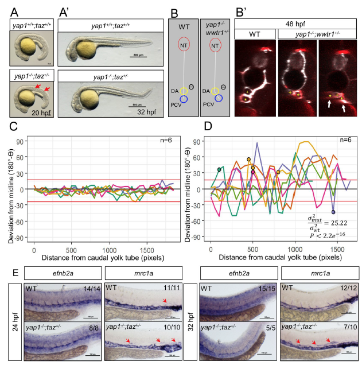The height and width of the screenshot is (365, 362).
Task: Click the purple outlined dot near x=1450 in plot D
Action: [x=334, y=212]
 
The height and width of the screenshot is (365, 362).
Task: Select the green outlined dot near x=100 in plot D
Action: [x=219, y=169]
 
